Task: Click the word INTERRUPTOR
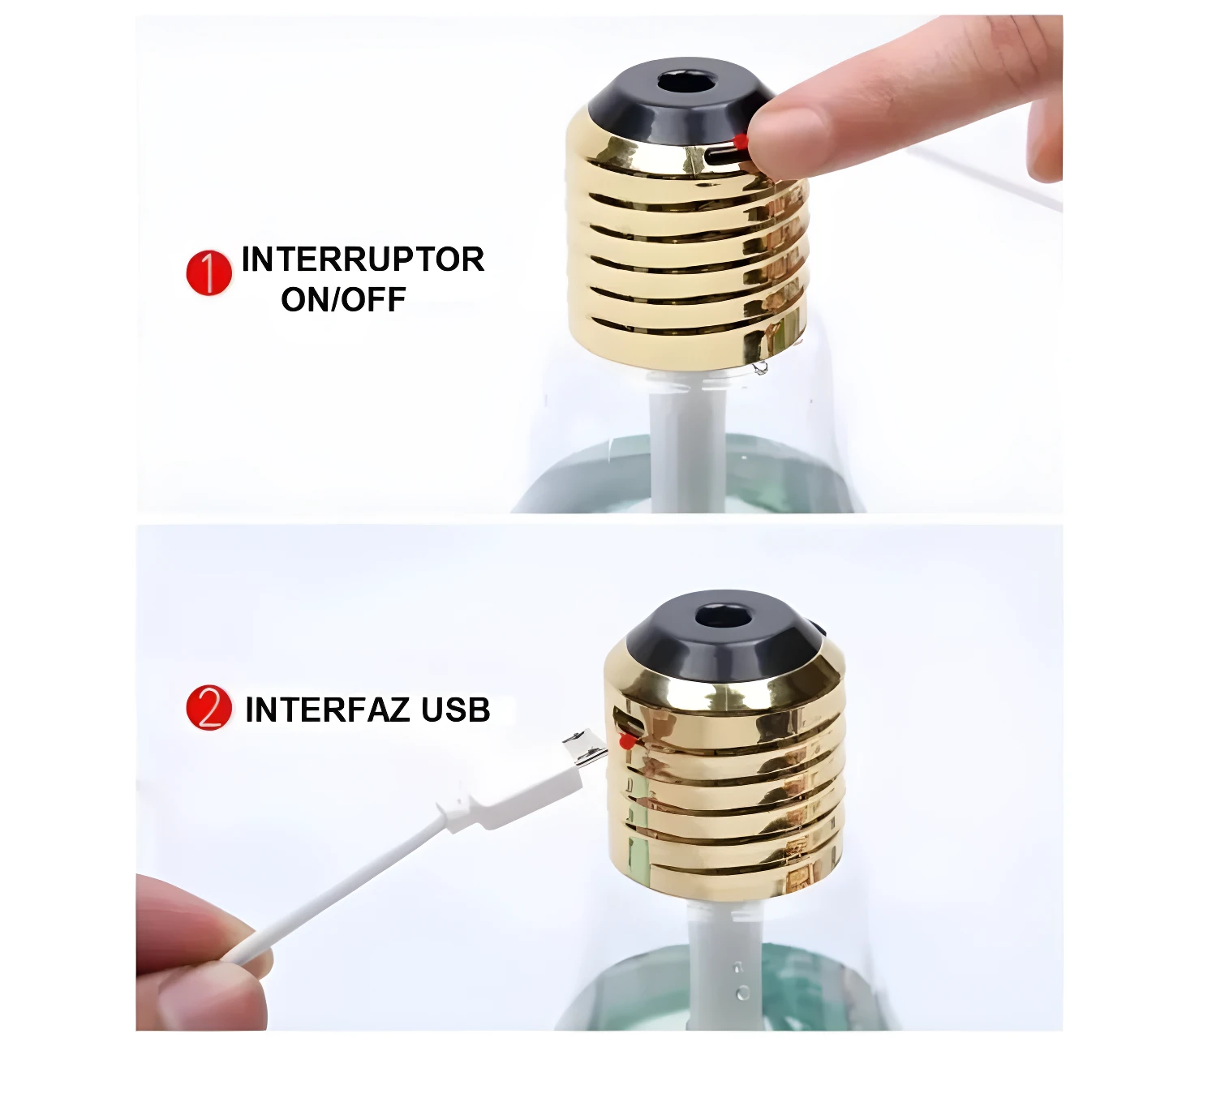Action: coord(363,259)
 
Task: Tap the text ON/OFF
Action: coord(343,299)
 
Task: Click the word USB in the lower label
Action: coord(456,710)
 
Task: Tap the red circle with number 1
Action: coord(209,273)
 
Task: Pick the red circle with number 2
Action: coord(209,708)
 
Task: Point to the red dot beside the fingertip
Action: coord(741,142)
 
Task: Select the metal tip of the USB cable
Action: coord(584,748)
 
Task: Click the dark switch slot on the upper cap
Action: coord(724,158)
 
